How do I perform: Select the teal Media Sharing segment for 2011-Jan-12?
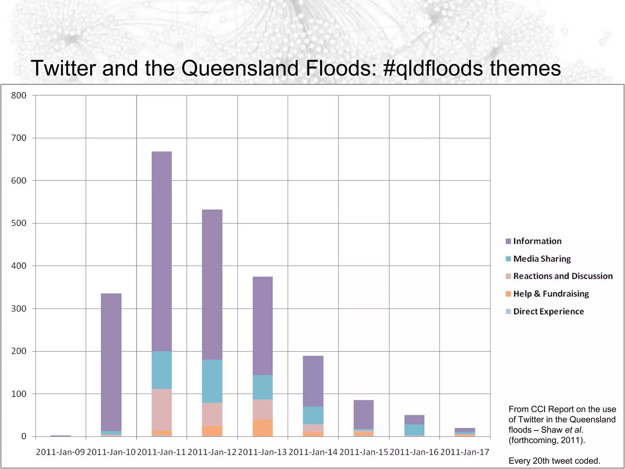pos(212,381)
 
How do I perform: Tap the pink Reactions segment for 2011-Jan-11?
pos(162,409)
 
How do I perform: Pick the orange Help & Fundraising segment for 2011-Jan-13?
pos(263,428)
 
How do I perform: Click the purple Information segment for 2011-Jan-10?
pos(111,362)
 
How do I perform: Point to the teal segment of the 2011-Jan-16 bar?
pos(414,430)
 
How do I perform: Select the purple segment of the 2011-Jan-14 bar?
pos(313,381)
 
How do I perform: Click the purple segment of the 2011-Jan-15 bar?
pos(363,414)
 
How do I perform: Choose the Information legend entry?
pos(537,241)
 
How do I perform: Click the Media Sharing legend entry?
pos(542,259)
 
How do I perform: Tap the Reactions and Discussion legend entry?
pos(563,276)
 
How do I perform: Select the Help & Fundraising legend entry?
pos(551,294)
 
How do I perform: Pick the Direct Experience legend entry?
pos(548,311)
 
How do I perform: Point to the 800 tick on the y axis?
pos(19,96)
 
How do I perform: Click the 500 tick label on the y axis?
pos(19,223)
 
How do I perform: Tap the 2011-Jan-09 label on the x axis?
pos(60,452)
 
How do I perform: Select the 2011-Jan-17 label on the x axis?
pos(465,452)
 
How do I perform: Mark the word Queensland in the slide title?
pos(240,68)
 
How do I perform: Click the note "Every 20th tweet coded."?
pos(554,461)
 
